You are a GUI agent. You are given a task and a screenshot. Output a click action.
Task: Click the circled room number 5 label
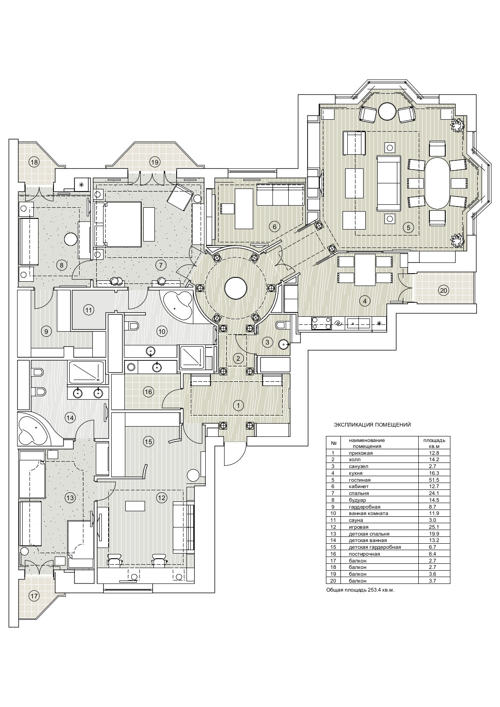click(408, 228)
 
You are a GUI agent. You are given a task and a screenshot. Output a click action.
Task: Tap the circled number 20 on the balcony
click(444, 291)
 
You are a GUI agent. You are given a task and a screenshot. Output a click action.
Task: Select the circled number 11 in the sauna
click(89, 310)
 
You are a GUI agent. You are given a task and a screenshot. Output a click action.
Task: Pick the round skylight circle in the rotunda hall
click(235, 288)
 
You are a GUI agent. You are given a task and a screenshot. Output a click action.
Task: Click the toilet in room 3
click(281, 326)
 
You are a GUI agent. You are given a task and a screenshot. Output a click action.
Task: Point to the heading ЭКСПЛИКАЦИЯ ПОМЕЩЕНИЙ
click(372, 425)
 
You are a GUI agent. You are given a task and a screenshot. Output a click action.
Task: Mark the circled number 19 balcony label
click(154, 162)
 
